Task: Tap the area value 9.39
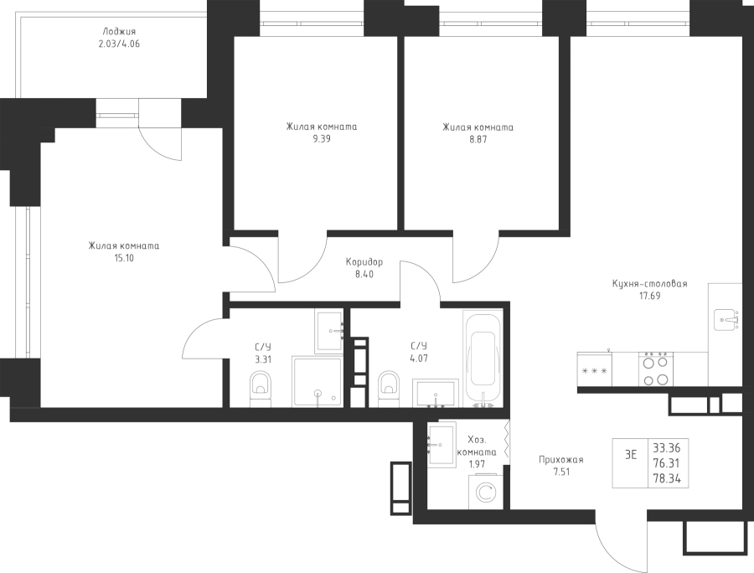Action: click(x=321, y=140)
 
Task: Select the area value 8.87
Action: click(x=478, y=140)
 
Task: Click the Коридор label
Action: click(x=364, y=261)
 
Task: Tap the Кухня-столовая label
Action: click(x=649, y=284)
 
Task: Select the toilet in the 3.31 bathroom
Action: click(x=260, y=388)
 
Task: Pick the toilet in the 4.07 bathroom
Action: click(x=389, y=388)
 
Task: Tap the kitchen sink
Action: click(x=726, y=318)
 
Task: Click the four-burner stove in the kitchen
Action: click(x=655, y=369)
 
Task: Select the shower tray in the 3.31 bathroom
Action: click(x=317, y=381)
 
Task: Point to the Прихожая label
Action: click(x=560, y=460)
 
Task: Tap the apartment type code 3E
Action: click(x=631, y=455)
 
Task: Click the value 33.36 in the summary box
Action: click(x=665, y=447)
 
